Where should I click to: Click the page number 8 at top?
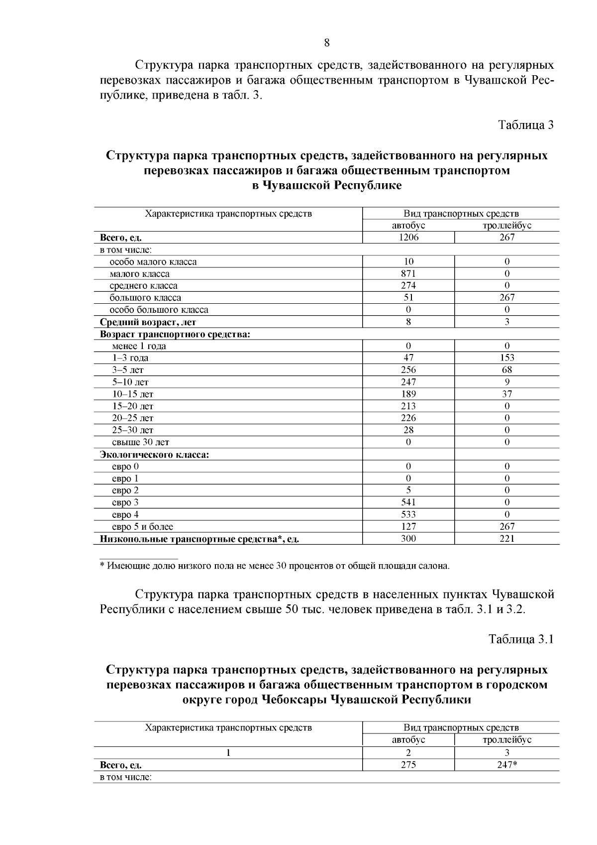pos(327,43)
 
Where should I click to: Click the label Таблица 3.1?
pos(521,639)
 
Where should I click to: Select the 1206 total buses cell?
pos(408,238)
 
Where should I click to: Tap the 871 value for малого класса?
pos(408,273)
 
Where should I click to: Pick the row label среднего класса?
pos(143,286)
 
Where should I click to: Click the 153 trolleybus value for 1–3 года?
pos(507,358)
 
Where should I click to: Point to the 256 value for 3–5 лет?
pos(408,370)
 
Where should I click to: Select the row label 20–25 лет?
pos(132,418)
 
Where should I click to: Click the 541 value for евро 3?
pos(408,502)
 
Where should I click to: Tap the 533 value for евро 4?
pos(408,514)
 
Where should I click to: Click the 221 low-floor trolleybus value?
pos(507,538)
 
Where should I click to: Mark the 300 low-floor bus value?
pos(408,538)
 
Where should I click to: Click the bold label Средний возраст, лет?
pos(148,322)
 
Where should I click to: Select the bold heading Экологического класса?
pos(154,455)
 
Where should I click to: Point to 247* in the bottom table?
pos(507,765)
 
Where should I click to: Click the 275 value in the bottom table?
pos(408,765)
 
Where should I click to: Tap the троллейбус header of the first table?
pos(507,226)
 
